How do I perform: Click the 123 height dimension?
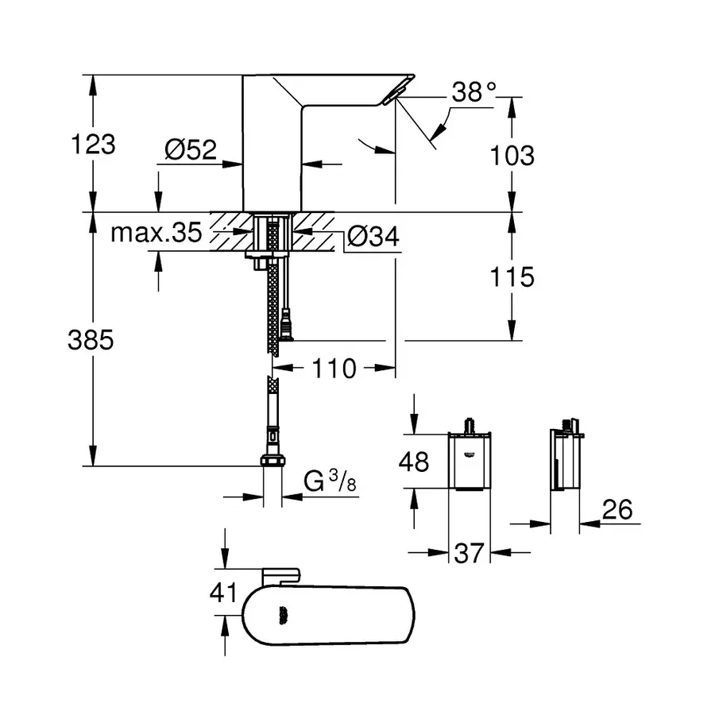click(x=94, y=145)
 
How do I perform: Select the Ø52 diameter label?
click(x=191, y=149)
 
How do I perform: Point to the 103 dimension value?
click(x=512, y=155)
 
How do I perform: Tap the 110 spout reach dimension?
click(x=334, y=369)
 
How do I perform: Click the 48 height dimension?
click(x=413, y=462)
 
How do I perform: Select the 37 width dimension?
click(x=469, y=551)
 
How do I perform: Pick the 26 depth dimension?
click(x=618, y=509)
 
